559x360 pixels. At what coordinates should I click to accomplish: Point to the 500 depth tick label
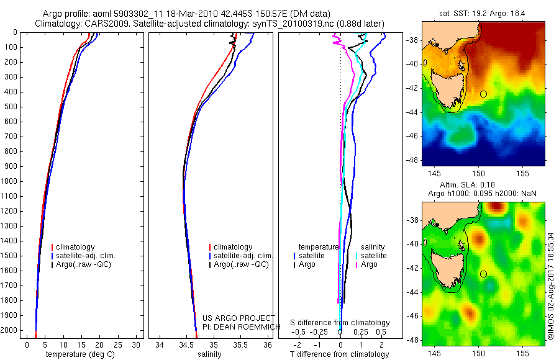click(11, 107)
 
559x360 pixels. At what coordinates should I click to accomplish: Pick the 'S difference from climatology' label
click(340, 323)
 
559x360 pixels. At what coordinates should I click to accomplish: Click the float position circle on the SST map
click(483, 94)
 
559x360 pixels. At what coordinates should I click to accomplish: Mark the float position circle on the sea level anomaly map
click(483, 274)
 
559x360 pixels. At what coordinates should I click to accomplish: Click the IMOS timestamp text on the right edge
click(551, 286)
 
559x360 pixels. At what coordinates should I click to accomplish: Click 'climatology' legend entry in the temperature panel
click(76, 247)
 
